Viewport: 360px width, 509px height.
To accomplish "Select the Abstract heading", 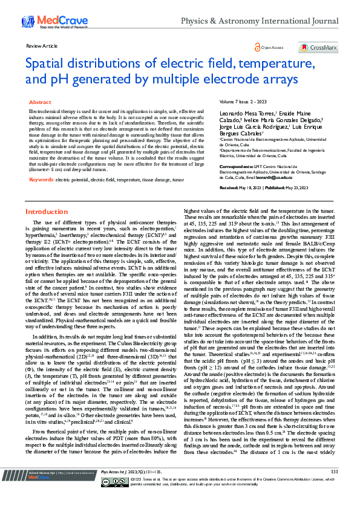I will (x=40, y=103).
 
